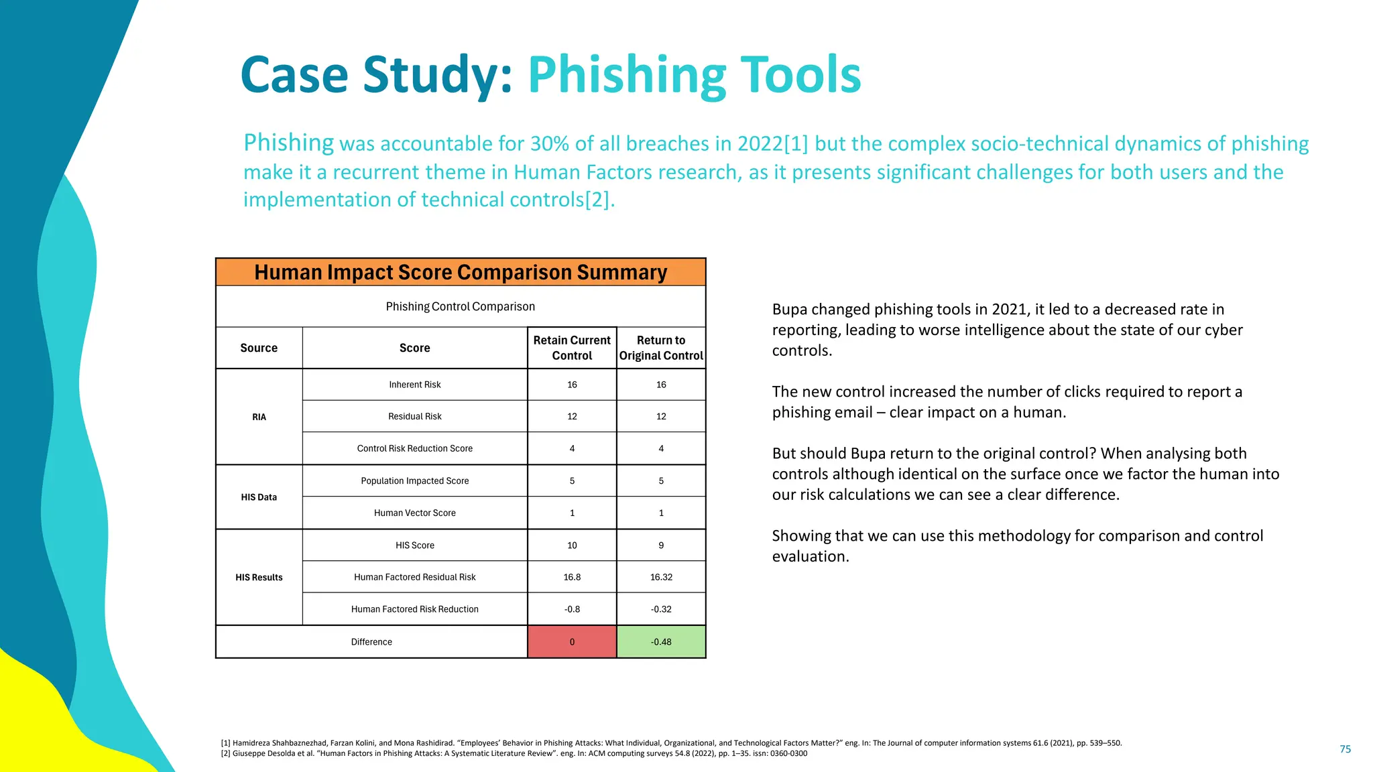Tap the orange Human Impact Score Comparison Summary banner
pos(461,273)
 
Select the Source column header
pos(259,348)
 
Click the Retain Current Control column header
pos(572,348)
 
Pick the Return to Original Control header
pos(661,348)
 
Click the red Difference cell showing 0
pos(572,642)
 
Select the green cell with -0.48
pos(661,642)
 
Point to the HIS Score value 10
pos(572,545)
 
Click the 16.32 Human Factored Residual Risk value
pos(661,577)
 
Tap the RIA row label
pos(259,417)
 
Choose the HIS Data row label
pos(259,497)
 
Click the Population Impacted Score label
pos(415,481)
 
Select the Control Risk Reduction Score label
pos(415,449)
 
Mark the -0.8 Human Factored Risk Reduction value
pos(572,609)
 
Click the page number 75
pos(1345,749)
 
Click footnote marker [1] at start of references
pos(226,743)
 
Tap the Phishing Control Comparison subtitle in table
pos(461,307)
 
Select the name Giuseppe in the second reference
pos(247,754)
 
